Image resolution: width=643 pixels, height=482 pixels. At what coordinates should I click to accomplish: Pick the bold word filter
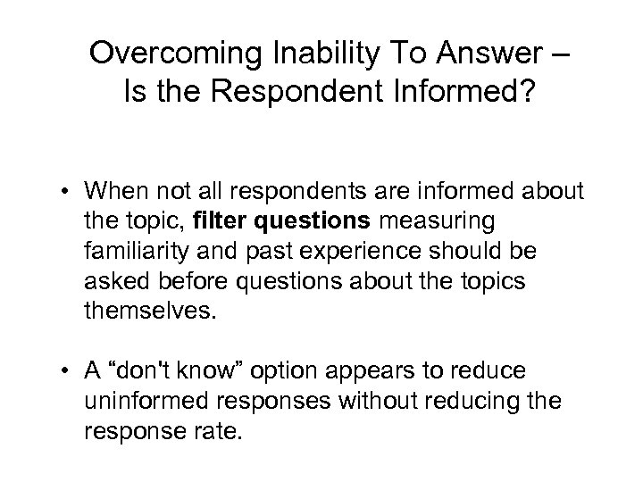222,221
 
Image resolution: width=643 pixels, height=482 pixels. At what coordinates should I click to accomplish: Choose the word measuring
420,221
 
